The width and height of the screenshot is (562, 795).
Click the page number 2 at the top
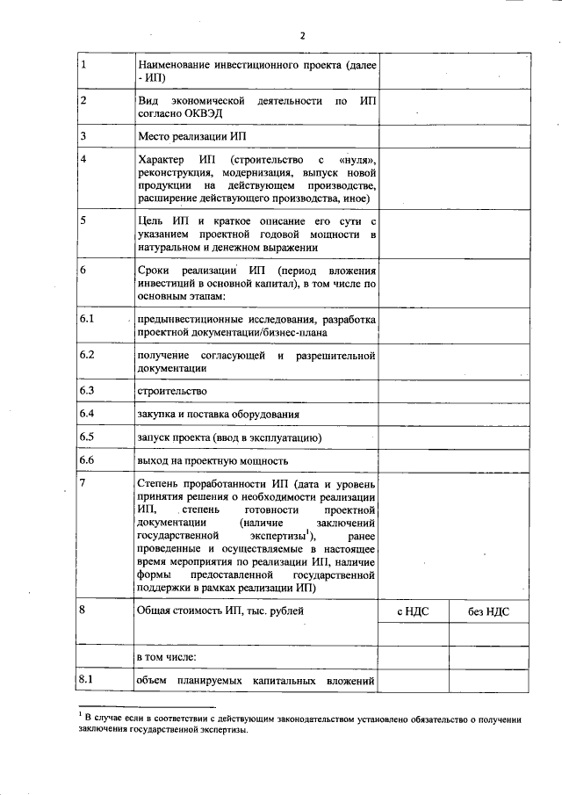[x=302, y=35]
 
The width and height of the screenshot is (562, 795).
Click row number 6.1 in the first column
[x=86, y=318]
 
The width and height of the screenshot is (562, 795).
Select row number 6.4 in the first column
[x=86, y=413]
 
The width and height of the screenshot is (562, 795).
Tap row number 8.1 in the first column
[x=86, y=679]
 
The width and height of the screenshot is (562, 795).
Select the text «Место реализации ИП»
[x=194, y=137]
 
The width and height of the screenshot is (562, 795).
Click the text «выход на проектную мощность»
[x=213, y=461]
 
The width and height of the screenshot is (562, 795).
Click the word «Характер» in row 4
[x=162, y=160]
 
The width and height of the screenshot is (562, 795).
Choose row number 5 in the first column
[x=83, y=220]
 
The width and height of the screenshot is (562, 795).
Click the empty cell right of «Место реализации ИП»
[x=453, y=137]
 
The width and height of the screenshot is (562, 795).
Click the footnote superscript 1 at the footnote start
[x=78, y=716]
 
